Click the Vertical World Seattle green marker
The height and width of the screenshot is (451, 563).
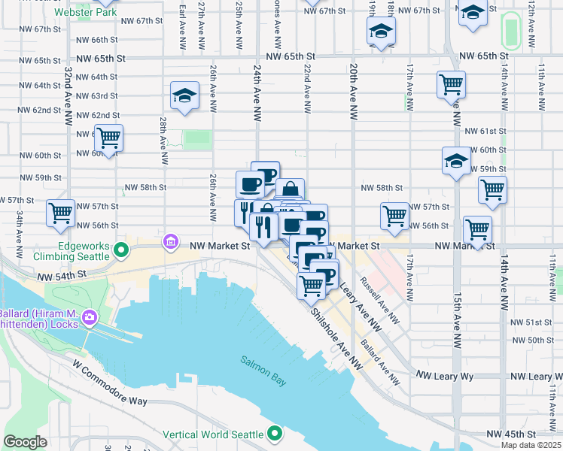275,434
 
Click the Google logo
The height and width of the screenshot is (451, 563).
25,442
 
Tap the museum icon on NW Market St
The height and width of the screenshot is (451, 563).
171,242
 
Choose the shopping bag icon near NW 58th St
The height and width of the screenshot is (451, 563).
290,190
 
